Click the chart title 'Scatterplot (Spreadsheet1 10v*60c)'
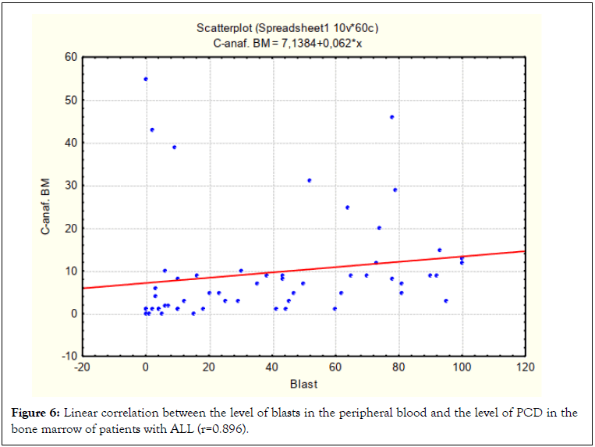click(x=288, y=29)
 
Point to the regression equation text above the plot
click(x=288, y=43)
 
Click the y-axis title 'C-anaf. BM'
click(x=48, y=208)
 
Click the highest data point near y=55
click(x=146, y=79)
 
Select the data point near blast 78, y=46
click(x=392, y=117)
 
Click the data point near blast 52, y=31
click(x=310, y=180)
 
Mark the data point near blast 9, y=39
click(x=174, y=147)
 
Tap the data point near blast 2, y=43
click(x=152, y=129)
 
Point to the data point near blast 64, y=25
click(x=348, y=208)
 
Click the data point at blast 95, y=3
click(x=446, y=301)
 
